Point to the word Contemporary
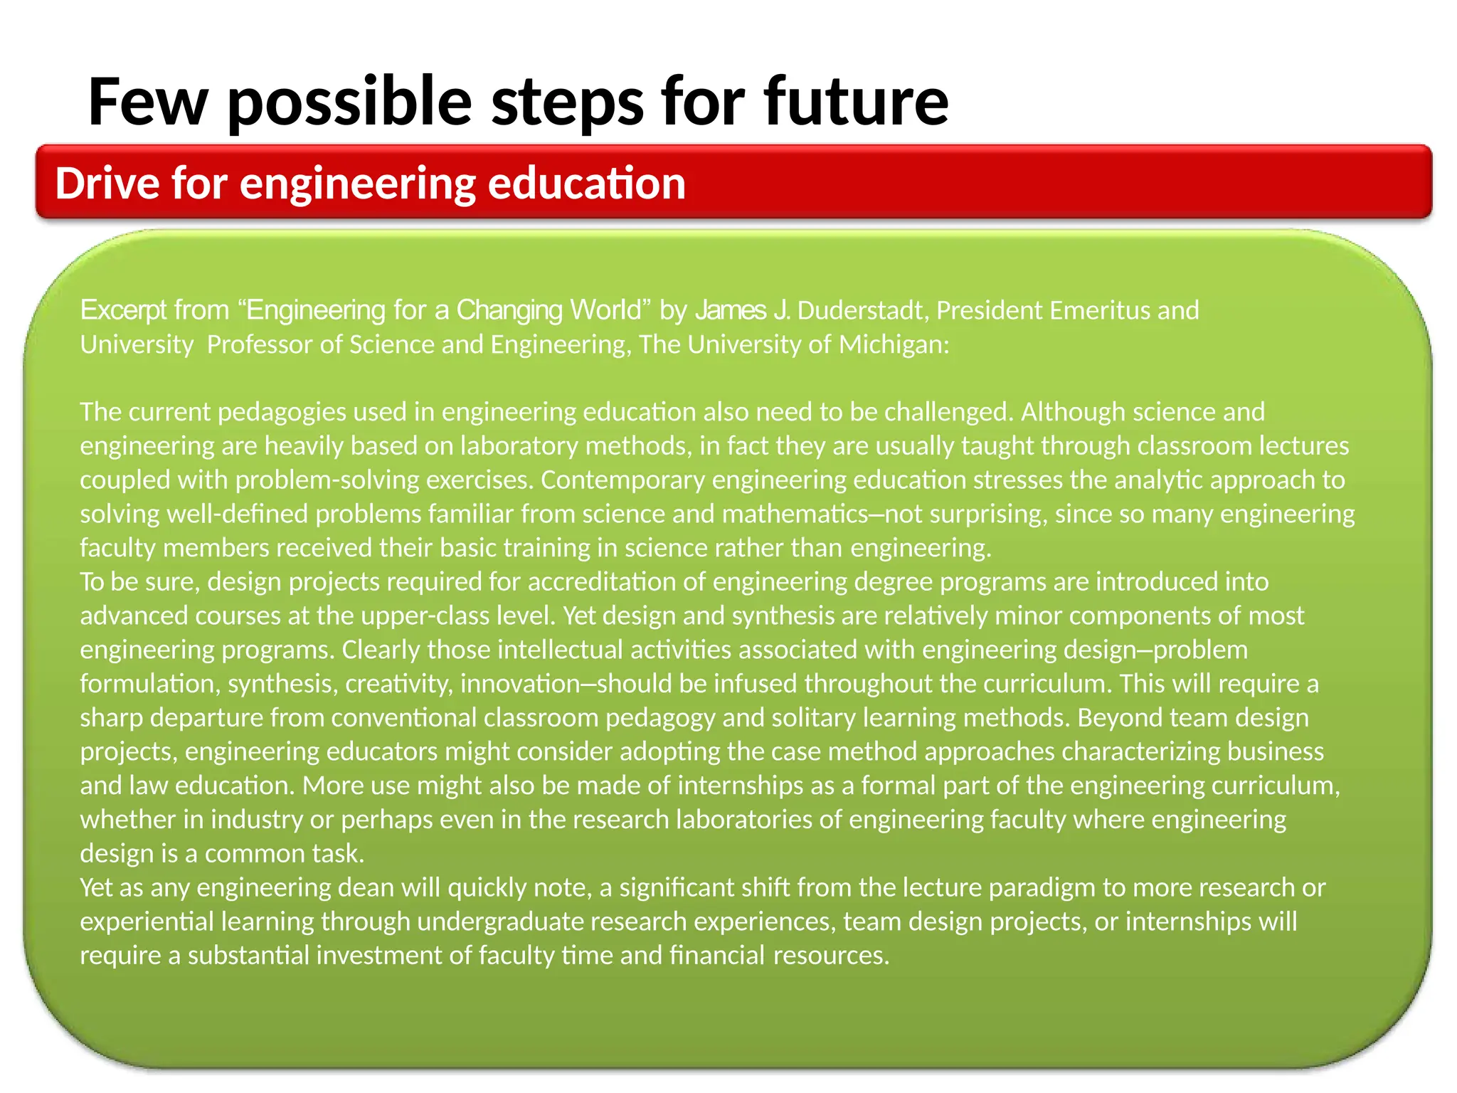622,480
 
